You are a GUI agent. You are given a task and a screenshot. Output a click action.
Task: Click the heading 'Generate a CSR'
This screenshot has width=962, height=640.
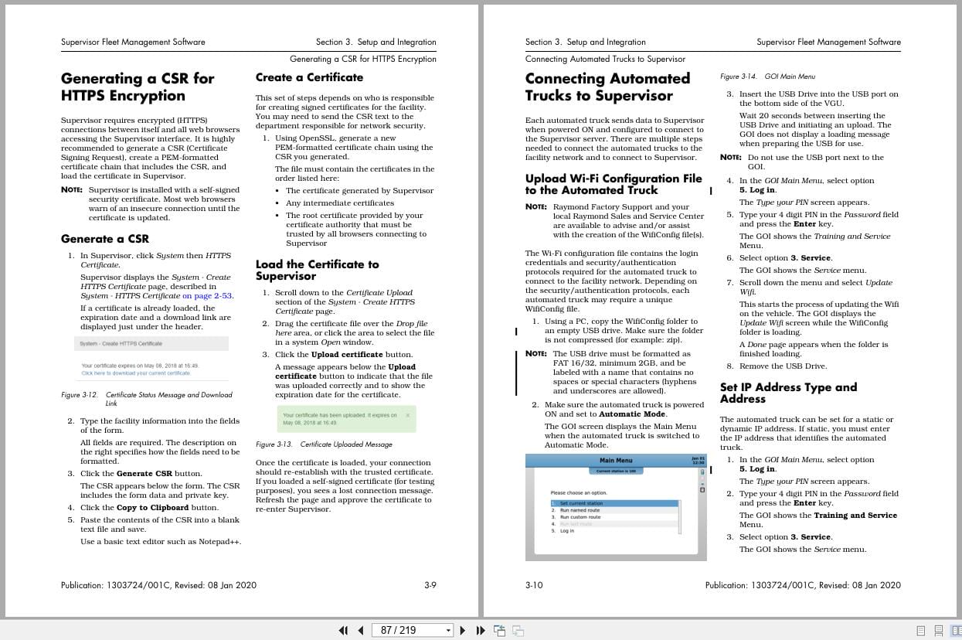105,239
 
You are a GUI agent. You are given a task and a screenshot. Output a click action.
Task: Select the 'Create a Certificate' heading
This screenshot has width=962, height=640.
309,77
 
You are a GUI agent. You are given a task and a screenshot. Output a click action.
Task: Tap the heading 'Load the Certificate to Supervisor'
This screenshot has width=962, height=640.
317,270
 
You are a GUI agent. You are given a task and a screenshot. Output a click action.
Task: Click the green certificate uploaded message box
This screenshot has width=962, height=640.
346,419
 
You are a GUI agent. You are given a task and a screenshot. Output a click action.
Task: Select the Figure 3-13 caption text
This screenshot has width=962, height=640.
324,444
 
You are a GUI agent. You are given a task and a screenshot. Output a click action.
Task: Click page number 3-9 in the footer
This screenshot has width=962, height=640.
430,585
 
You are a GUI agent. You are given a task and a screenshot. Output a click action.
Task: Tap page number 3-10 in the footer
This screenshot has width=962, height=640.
534,585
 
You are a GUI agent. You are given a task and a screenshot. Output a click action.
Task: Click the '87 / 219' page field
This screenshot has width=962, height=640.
411,630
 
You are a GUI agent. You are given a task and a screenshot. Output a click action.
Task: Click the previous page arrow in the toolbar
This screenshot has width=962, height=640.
360,630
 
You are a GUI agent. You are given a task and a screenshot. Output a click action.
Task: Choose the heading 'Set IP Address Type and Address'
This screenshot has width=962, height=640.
788,393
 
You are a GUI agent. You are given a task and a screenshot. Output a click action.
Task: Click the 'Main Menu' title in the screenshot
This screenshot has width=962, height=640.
616,461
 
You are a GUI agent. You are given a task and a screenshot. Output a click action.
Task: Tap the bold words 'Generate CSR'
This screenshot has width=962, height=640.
144,474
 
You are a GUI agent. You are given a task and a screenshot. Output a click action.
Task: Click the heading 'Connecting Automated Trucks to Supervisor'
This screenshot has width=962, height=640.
607,87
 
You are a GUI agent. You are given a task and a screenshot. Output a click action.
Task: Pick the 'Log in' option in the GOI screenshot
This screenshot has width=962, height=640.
567,531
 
